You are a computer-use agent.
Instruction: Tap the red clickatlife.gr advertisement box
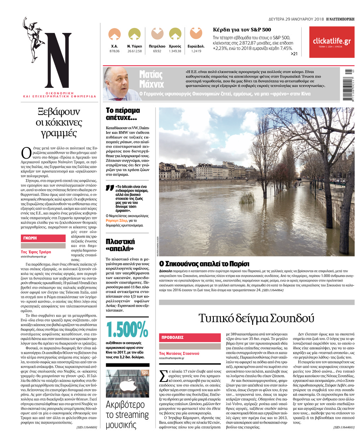click(331, 42)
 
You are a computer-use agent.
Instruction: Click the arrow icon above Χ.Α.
click(114, 34)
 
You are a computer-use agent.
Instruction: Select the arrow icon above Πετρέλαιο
click(157, 34)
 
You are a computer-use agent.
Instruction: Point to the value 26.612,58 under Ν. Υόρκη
click(135, 51)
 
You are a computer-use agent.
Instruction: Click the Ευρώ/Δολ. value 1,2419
click(196, 51)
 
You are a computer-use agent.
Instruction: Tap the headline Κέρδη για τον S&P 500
click(242, 30)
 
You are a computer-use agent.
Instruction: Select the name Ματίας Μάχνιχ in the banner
click(151, 79)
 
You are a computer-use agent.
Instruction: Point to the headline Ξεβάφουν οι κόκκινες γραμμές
click(59, 123)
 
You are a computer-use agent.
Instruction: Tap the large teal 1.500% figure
click(127, 330)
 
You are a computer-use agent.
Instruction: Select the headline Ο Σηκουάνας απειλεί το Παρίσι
click(204, 264)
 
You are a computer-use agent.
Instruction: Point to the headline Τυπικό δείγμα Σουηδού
click(256, 318)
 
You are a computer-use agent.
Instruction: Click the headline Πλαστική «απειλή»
click(120, 245)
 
